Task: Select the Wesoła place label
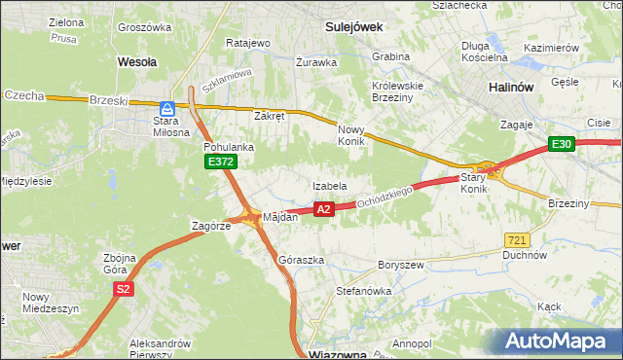pyautogui.click(x=136, y=60)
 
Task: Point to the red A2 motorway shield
pyautogui.click(x=325, y=208)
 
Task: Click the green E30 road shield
pyautogui.click(x=561, y=144)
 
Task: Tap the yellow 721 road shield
pyautogui.click(x=518, y=239)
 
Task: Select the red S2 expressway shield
pyautogui.click(x=123, y=289)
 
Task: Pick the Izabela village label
pyautogui.click(x=330, y=185)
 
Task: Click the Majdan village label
pyautogui.click(x=279, y=217)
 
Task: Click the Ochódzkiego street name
pyautogui.click(x=386, y=197)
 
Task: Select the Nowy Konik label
pyautogui.click(x=350, y=135)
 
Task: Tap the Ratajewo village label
pyautogui.click(x=247, y=44)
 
